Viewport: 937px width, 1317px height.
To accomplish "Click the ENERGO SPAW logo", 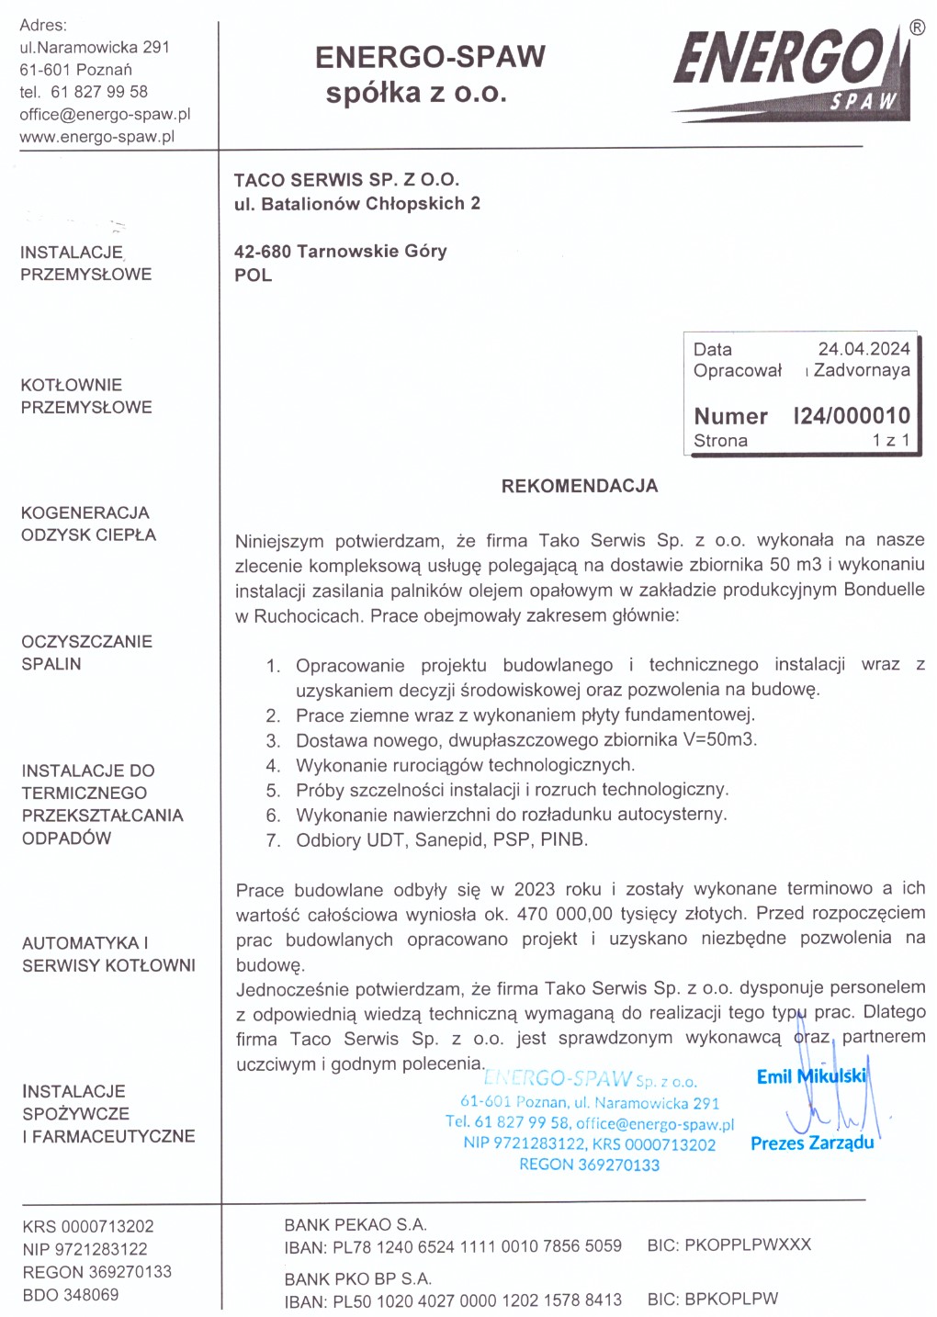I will (793, 73).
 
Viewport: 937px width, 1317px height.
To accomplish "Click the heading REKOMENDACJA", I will (579, 486).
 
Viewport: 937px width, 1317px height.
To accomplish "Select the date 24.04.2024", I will (864, 349).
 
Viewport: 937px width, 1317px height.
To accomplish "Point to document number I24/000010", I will (852, 416).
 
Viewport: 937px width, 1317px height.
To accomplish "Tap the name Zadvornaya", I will (862, 370).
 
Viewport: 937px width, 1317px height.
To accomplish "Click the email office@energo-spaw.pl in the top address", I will (105, 114).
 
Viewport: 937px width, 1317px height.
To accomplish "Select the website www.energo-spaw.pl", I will (96, 137).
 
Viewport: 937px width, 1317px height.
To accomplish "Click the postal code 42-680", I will (263, 251).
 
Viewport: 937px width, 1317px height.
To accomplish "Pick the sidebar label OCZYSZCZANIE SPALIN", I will (86, 652).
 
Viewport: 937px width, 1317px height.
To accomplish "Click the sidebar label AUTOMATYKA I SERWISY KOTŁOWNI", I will (108, 953).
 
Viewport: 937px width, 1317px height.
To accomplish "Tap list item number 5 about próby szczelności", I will (511, 790).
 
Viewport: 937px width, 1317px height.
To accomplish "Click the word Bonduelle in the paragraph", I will (884, 590).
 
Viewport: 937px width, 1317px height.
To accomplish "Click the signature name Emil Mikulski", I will (810, 1076).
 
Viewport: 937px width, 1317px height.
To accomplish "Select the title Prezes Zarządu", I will (812, 1143).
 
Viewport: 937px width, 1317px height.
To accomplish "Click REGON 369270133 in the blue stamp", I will (589, 1165).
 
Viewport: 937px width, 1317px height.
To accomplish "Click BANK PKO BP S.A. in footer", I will (357, 1278).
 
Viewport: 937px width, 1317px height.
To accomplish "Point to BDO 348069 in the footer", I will (71, 1295).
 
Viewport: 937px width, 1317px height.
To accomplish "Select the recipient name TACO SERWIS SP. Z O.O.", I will (346, 180).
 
